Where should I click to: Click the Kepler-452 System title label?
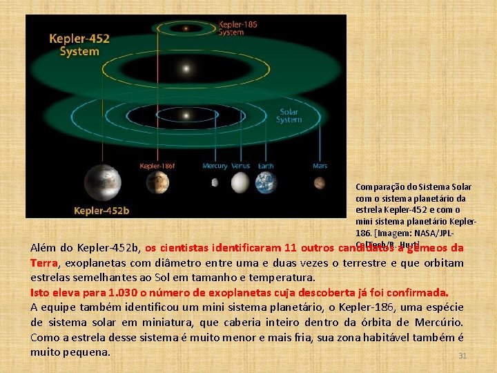click(79, 45)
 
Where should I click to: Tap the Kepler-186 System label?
click(238, 28)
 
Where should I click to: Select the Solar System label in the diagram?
click(289, 115)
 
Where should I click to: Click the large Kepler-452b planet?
click(101, 182)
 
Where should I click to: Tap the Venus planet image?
click(240, 182)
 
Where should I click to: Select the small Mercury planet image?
click(214, 183)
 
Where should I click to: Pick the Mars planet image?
click(320, 183)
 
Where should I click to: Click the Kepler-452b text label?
click(102, 209)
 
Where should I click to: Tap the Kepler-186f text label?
click(157, 166)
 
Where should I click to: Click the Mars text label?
click(320, 166)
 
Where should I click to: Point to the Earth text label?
click(266, 166)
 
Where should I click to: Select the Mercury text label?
click(215, 166)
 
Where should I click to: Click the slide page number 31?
click(463, 356)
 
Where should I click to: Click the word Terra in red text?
click(44, 263)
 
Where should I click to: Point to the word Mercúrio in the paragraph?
click(438, 322)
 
